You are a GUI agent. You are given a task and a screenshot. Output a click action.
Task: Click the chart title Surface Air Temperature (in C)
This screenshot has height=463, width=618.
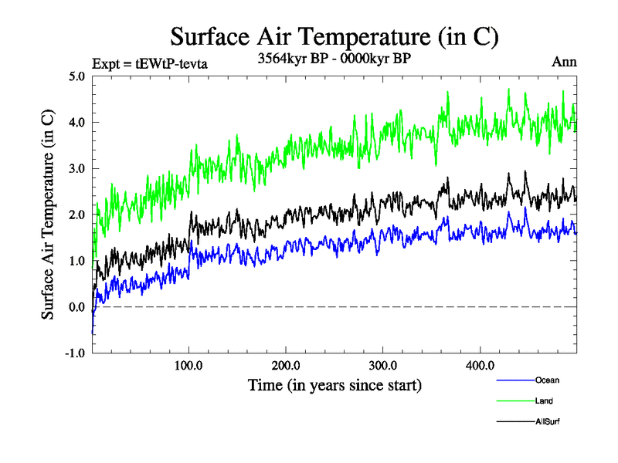point(334,36)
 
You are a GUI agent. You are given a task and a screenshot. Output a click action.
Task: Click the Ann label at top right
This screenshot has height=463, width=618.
point(564,62)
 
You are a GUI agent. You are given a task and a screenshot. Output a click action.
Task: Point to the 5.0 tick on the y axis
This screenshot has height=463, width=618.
point(77,76)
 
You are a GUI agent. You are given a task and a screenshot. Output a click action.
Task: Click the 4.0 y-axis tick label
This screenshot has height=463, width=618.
point(77,122)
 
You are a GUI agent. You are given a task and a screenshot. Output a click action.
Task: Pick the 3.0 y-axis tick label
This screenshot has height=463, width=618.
point(77,168)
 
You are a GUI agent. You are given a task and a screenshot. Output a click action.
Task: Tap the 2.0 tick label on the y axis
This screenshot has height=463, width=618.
point(77,215)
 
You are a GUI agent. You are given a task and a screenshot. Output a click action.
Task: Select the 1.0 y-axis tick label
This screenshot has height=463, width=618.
point(77,261)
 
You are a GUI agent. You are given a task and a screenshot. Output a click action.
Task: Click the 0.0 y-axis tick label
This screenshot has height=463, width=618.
point(77,307)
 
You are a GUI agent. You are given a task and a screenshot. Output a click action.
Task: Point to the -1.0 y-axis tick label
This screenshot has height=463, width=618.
point(76,353)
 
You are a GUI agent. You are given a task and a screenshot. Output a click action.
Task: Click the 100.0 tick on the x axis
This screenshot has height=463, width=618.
point(189,365)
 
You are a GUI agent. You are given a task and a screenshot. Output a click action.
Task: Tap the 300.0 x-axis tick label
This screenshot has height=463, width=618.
point(383,365)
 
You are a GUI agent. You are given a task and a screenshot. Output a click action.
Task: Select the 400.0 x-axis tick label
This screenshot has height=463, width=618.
point(480,365)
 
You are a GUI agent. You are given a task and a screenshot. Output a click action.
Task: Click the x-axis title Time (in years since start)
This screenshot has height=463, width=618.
point(334,384)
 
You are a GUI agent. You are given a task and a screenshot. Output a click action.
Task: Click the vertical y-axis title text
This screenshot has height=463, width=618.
point(48,215)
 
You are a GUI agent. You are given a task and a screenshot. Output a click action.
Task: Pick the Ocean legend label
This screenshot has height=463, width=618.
point(547,380)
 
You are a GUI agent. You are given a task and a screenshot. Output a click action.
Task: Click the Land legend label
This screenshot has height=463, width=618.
point(544,401)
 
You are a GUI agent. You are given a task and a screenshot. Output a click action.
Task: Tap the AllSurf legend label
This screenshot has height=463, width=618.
point(548,421)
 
